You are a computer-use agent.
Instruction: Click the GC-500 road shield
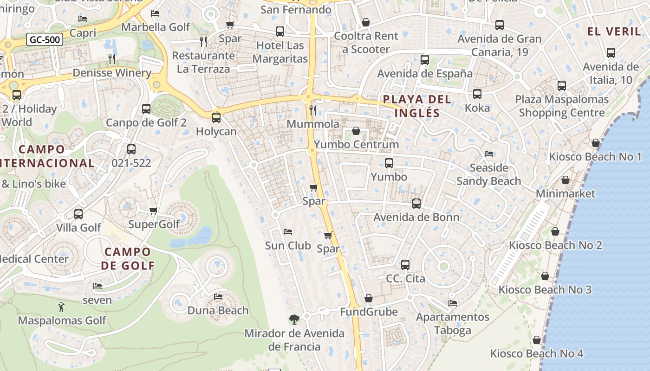[45, 39]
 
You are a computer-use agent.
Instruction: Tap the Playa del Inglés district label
[410, 106]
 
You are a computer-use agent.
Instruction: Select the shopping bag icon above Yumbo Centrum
[356, 131]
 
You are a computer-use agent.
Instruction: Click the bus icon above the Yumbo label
[389, 163]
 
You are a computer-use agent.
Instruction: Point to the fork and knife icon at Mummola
[313, 110]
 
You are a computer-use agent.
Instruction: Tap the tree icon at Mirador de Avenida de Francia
[294, 319]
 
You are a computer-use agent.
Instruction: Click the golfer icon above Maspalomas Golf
[61, 307]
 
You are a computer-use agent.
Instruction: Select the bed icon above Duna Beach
[218, 296]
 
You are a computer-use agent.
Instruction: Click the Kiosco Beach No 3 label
[545, 290]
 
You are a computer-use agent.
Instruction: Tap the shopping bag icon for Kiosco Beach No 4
[537, 340]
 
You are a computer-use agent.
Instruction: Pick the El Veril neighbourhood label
[614, 32]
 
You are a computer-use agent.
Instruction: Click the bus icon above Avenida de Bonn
[416, 203]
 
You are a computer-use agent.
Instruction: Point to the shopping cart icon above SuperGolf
[154, 211]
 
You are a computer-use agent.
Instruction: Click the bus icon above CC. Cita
[405, 265]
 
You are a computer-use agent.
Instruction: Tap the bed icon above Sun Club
[288, 231]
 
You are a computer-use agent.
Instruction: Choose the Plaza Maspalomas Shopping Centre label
[562, 106]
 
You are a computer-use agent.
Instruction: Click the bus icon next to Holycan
[216, 118]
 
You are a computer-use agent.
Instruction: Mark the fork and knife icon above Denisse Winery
[111, 58]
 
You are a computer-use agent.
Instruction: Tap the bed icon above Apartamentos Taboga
[453, 303]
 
